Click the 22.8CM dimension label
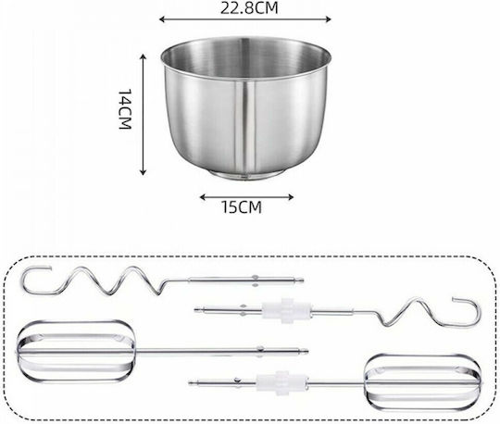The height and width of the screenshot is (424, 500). (x=249, y=8)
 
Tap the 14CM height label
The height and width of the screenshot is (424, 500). (x=125, y=109)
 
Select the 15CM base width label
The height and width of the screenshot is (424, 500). (x=242, y=207)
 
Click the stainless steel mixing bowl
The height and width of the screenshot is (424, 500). (x=245, y=108)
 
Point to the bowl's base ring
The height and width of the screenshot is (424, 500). (x=245, y=175)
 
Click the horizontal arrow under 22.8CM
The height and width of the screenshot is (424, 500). (x=244, y=19)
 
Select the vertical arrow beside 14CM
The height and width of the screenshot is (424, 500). (x=144, y=115)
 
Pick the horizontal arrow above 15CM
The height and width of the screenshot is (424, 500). (x=246, y=197)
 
